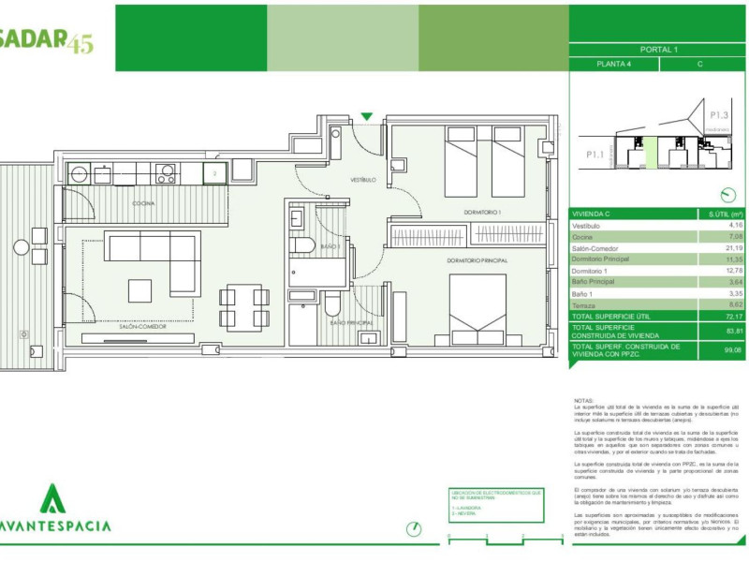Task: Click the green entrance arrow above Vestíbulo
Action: [367, 117]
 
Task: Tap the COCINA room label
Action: [143, 203]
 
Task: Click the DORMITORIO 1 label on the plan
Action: [483, 213]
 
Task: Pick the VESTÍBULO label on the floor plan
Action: [363, 179]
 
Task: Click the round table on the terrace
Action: [22, 248]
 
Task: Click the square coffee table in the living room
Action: [140, 290]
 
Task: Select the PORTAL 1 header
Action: [659, 50]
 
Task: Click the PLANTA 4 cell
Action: [614, 65]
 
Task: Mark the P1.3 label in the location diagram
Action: [718, 116]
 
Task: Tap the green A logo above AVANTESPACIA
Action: [53, 498]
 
